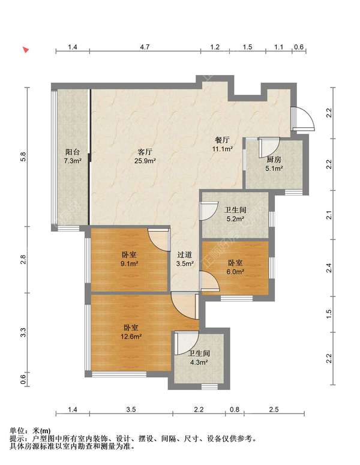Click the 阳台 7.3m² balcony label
pos(73,157)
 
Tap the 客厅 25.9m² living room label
pos(146,157)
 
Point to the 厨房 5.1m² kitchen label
pos(274,164)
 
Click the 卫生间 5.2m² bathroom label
pos(235,214)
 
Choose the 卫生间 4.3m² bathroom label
pos(198,358)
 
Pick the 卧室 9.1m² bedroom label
pos(129,259)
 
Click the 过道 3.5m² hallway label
pos(185,259)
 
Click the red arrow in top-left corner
pos(26,50)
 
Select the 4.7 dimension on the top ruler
pos(145,46)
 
